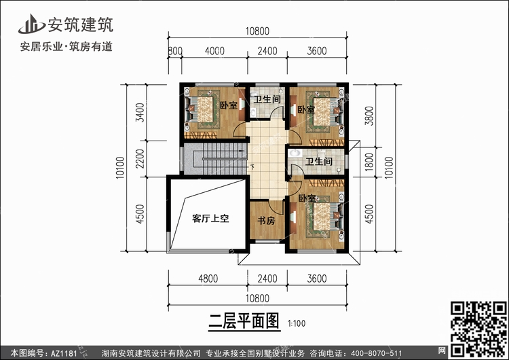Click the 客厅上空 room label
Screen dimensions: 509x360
click(210, 218)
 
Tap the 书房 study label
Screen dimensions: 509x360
click(266, 221)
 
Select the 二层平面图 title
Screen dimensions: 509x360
click(244, 321)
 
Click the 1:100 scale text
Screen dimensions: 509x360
click(297, 323)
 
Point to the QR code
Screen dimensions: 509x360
click(478, 328)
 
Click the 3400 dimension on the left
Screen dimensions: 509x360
click(140, 112)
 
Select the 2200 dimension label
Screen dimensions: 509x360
click(140, 158)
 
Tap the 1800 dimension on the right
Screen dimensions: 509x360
click(369, 162)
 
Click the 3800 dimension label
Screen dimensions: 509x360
click(369, 116)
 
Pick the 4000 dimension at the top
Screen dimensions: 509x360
click(214, 51)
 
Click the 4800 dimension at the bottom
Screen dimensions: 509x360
click(208, 278)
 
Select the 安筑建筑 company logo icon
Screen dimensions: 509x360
click(31, 24)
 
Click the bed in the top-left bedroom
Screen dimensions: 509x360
click(202, 109)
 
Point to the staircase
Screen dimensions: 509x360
click(216, 159)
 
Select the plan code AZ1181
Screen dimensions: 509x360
click(64, 353)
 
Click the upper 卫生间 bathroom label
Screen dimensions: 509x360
click(267, 99)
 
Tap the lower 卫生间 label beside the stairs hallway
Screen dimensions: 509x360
click(319, 161)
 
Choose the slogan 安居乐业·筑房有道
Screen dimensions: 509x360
click(67, 47)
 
